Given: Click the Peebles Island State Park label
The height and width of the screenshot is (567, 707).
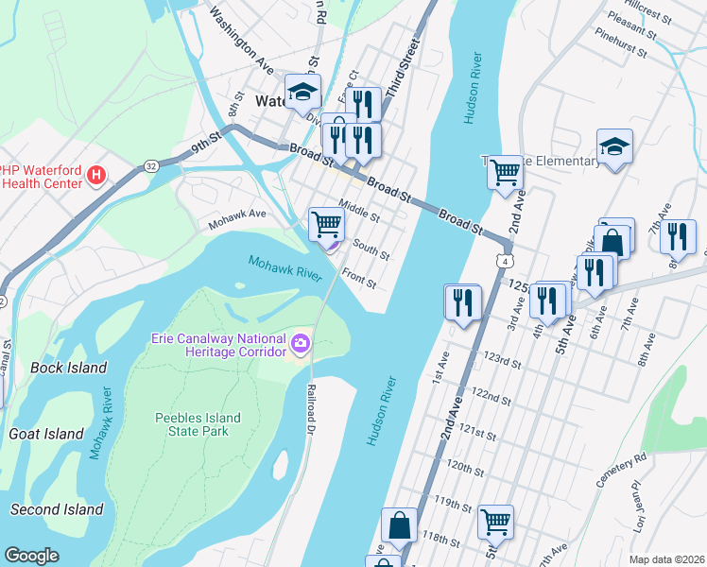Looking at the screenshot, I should [x=198, y=424].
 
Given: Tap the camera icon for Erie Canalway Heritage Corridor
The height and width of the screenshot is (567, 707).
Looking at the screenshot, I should [x=302, y=341].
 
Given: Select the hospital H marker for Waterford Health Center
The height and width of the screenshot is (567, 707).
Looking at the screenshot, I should [x=95, y=175].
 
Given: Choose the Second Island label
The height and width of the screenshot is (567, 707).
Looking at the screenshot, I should [x=57, y=509].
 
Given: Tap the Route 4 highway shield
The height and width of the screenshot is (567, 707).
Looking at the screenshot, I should [x=508, y=259].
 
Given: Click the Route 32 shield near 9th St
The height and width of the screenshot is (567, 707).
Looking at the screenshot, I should [x=152, y=166].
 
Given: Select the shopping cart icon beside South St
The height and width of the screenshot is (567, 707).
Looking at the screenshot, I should [x=326, y=225].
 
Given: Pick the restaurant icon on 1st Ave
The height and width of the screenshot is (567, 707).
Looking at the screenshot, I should [x=462, y=302].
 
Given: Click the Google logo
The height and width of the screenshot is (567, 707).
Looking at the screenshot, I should [x=31, y=556].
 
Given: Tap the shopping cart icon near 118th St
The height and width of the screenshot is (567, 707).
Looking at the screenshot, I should [x=495, y=521].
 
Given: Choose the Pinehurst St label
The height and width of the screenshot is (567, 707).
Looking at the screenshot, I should [x=621, y=43].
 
